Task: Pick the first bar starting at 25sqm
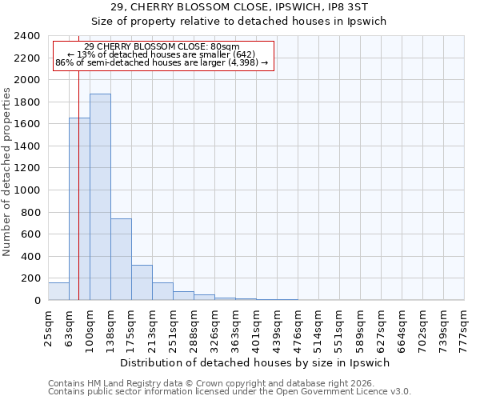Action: (58, 291)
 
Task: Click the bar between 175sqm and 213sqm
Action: (142, 282)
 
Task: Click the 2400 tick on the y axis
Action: (28, 36)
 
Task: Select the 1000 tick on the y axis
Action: (28, 190)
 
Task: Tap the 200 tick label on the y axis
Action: (31, 278)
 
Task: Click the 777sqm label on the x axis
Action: (464, 326)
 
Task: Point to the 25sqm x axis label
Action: (48, 326)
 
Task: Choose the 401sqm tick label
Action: (256, 326)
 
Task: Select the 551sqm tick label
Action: (339, 326)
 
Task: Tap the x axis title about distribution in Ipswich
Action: (255, 362)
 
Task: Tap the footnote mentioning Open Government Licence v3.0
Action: (230, 391)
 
